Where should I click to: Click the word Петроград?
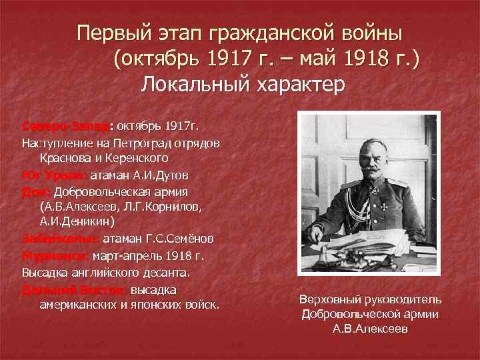pyautogui.click(x=143, y=143)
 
